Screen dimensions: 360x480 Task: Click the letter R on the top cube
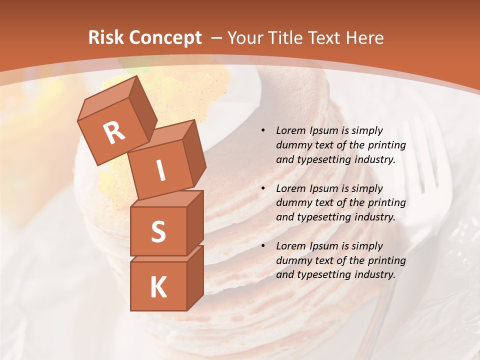tap(114, 132)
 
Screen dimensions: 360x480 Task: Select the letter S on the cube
tap(158, 231)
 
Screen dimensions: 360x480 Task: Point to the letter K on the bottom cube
tap(158, 287)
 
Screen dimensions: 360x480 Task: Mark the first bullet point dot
tap(263, 131)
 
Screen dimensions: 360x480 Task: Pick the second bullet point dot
tap(263, 188)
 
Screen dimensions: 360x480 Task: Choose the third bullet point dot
tap(263, 246)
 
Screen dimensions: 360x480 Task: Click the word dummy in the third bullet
tap(291, 260)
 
